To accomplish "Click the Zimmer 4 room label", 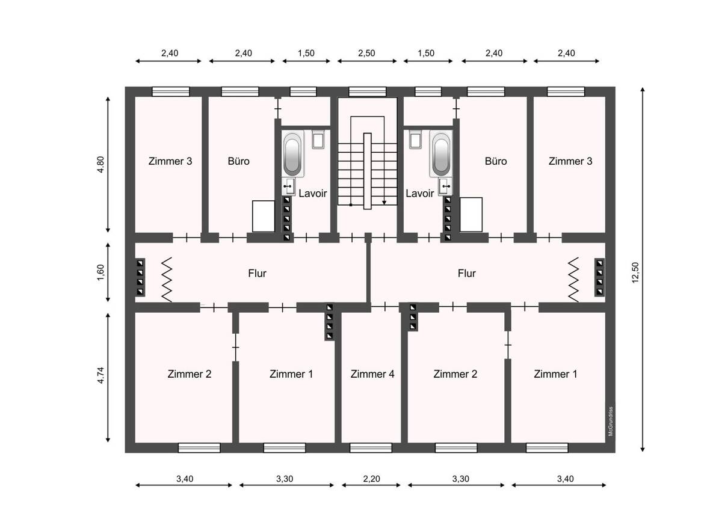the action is [x=372, y=374].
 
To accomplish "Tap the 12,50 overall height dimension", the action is [x=635, y=272].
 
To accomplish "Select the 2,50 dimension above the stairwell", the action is [x=366, y=53].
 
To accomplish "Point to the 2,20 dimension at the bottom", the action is [x=371, y=479].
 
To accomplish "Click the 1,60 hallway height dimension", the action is [x=100, y=272].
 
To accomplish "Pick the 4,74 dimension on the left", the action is [x=100, y=375].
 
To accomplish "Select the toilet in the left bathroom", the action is [x=318, y=139].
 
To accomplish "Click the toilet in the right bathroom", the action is [x=416, y=139].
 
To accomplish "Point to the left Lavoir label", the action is [x=313, y=193].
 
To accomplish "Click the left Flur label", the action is [x=258, y=274].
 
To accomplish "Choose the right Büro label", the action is [x=496, y=161].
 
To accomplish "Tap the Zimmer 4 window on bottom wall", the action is [x=371, y=448].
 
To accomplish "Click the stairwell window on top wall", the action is [x=368, y=91].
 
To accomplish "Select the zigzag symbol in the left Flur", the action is [x=167, y=280].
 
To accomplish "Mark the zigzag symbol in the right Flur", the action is [x=573, y=280].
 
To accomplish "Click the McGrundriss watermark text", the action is [x=610, y=422].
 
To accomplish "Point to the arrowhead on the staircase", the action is [x=384, y=203].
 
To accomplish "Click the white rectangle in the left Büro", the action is [x=264, y=216].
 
